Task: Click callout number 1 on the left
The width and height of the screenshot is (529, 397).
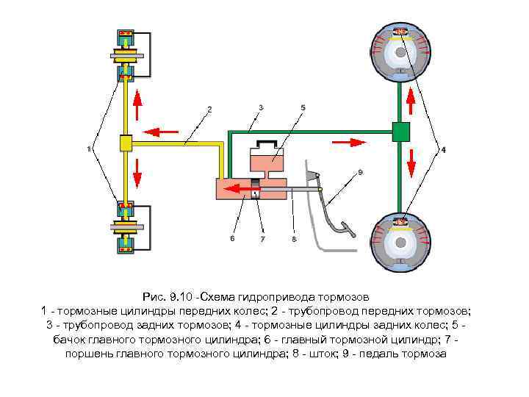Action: point(89,149)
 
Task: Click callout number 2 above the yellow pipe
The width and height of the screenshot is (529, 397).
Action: point(209,109)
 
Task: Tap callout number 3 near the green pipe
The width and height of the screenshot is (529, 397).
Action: point(261,107)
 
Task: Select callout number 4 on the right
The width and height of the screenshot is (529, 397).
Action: point(443,150)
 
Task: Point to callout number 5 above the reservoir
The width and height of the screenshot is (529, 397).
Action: point(303,107)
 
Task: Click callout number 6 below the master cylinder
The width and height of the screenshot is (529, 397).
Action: point(231,238)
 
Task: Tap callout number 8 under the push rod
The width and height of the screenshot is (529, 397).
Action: point(293,239)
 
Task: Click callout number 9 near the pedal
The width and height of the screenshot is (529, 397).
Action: point(360,172)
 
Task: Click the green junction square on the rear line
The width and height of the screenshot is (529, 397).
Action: point(400,132)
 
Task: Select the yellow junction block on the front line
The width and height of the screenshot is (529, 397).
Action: point(126,143)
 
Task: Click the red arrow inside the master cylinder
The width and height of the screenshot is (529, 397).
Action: point(237,190)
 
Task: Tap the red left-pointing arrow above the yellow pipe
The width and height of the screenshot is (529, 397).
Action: point(160,132)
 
